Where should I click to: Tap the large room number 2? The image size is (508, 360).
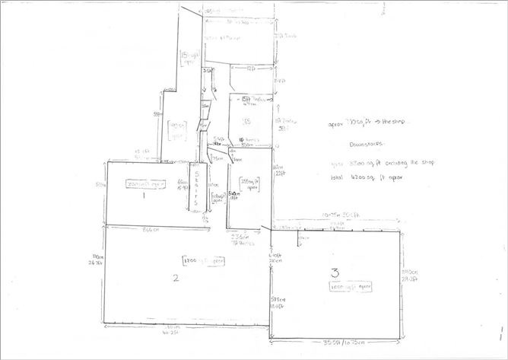coord(176,278)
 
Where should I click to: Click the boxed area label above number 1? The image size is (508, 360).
coord(148,183)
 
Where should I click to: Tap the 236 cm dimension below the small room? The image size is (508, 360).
coord(241,237)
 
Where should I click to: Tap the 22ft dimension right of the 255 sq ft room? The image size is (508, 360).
coord(278,172)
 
